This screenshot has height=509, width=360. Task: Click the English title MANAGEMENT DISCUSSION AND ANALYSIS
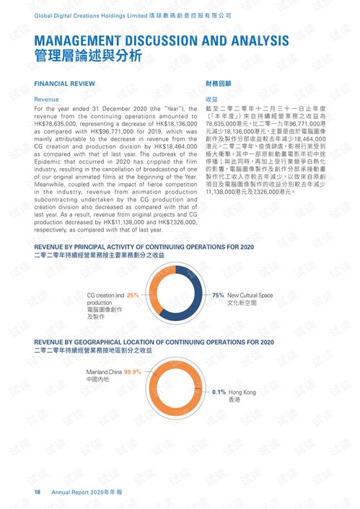point(162,40)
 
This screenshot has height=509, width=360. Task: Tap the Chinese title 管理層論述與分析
point(88,56)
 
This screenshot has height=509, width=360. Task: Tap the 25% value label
point(133,296)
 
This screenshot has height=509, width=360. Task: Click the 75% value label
point(218,296)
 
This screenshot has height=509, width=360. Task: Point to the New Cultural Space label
point(250,296)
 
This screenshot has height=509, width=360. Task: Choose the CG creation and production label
point(105,296)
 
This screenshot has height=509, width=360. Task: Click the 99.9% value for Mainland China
point(132,372)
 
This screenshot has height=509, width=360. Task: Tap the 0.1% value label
point(219,392)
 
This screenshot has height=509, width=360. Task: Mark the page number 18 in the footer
point(38,492)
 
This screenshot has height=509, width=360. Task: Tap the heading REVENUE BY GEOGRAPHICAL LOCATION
point(154,342)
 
